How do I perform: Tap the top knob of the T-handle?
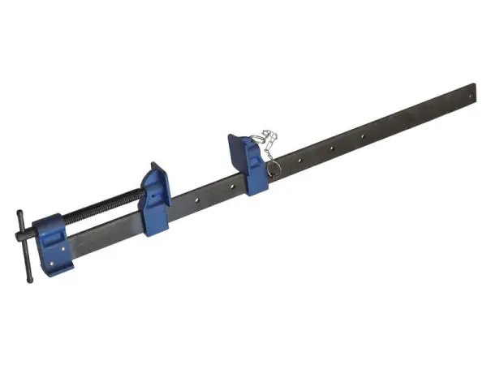[x=19, y=214]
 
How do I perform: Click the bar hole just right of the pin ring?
[x=300, y=161]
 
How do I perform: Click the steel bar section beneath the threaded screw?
[x=106, y=235]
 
